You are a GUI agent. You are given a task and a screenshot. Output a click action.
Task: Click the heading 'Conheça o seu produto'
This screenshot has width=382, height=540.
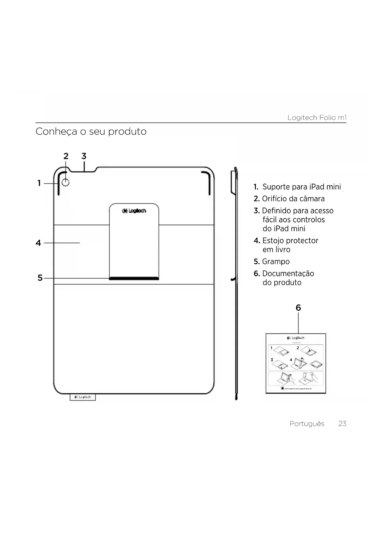[91, 131]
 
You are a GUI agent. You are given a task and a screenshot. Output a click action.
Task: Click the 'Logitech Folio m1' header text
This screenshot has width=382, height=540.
[317, 118]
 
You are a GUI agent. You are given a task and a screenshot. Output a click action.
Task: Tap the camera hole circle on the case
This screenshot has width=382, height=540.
[66, 183]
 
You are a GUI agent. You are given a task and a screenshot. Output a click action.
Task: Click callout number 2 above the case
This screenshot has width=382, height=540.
[66, 156]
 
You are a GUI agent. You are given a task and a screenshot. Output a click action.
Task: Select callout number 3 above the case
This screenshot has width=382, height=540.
[84, 156]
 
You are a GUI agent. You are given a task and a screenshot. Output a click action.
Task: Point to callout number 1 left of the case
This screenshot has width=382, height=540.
[39, 183]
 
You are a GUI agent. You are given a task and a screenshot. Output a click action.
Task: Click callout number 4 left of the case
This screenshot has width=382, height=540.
[38, 243]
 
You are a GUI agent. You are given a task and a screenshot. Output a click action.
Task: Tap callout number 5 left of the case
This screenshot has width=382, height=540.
[40, 278]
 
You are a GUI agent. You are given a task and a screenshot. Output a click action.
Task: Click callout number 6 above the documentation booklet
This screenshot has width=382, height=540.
[298, 308]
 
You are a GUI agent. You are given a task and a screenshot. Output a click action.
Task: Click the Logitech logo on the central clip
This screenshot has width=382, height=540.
[134, 211]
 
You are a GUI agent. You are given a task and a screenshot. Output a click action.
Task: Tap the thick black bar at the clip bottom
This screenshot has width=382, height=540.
[134, 278]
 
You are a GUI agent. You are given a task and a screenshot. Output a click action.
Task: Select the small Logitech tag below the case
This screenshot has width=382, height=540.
[83, 397]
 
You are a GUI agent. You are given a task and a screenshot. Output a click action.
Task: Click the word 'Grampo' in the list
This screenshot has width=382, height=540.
[275, 262]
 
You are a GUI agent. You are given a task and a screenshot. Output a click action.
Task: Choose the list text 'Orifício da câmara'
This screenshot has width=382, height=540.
[293, 199]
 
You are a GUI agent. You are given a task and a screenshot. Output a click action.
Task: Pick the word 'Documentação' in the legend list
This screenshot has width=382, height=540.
[288, 274]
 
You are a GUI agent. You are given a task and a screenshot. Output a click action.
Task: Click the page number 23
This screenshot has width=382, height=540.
[342, 424]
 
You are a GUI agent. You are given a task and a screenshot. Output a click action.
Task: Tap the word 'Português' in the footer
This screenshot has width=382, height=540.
[307, 424]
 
